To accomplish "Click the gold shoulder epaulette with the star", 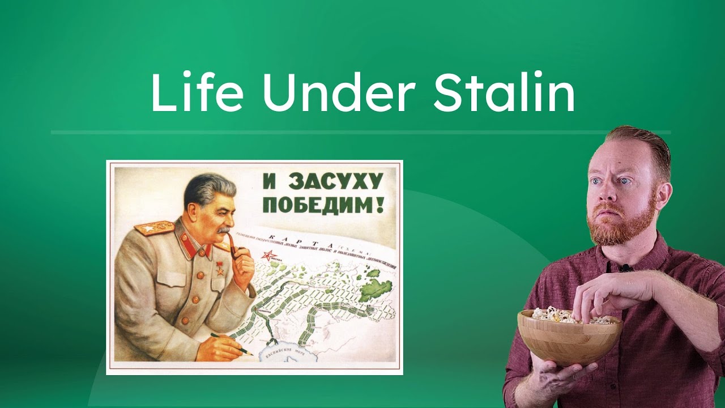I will pos(153,228).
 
